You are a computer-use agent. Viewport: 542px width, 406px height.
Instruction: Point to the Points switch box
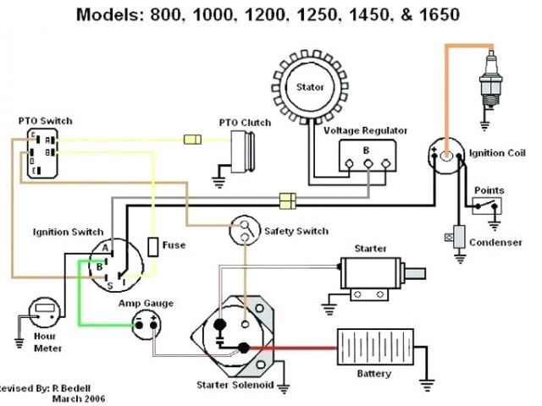(488, 207)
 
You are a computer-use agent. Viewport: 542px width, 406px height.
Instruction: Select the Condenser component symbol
(459, 238)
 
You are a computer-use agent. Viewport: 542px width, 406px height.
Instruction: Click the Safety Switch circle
(246, 226)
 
